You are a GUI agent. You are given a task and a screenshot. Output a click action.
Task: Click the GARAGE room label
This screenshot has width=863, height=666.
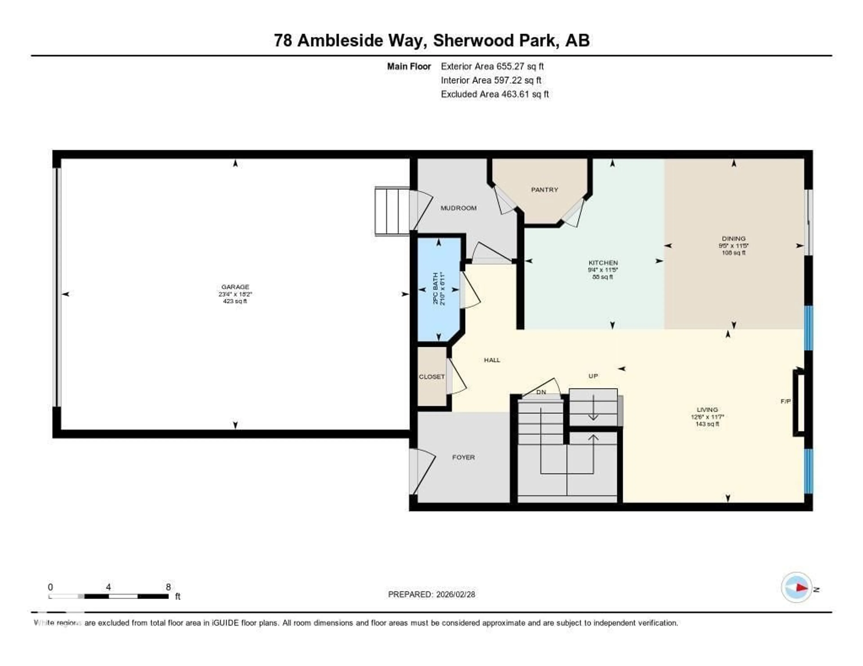(x=235, y=287)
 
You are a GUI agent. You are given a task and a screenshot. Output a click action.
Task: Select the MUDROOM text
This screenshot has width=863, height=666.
(x=458, y=208)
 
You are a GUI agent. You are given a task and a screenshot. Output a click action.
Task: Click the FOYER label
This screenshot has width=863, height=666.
(x=463, y=457)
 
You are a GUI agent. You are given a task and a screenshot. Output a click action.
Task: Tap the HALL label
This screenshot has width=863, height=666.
(x=492, y=360)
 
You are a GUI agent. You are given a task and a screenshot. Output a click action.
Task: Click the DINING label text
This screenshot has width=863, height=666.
(x=733, y=238)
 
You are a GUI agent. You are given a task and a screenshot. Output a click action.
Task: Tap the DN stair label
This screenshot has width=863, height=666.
(x=541, y=392)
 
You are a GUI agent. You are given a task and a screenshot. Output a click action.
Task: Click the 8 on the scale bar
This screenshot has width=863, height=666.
(x=168, y=587)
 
